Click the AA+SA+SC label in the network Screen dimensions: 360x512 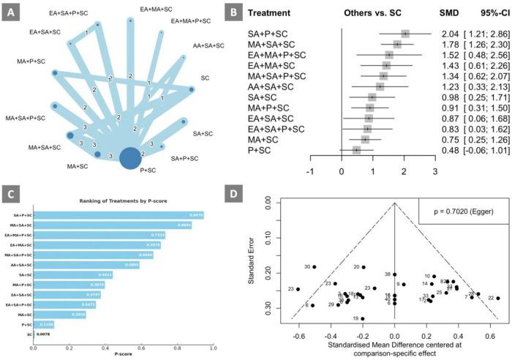click(208, 46)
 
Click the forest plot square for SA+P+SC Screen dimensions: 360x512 click(405, 34)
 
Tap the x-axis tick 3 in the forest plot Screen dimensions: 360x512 click(434, 171)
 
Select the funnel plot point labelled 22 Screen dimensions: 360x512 click(498, 298)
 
